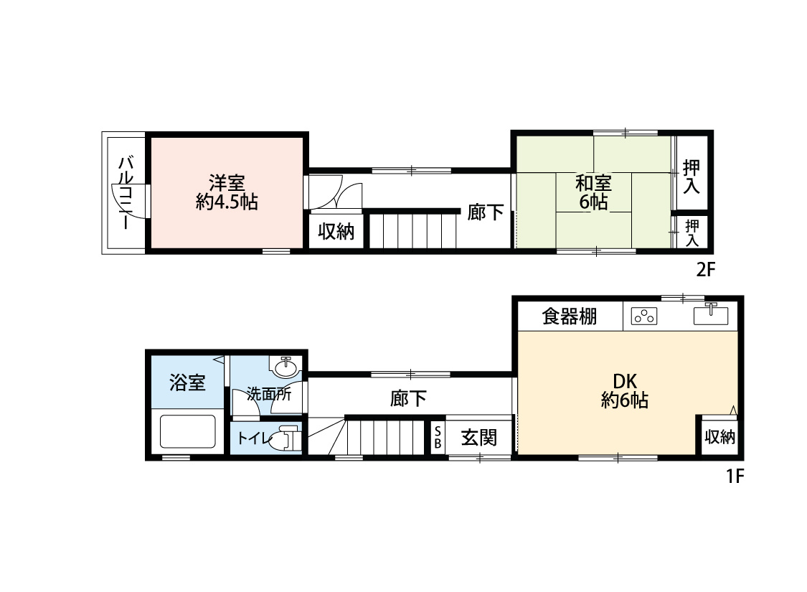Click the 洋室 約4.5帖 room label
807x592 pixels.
point(227,192)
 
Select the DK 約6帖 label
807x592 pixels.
point(624,390)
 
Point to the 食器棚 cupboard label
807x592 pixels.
point(570,316)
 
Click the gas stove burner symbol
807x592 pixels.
point(645,316)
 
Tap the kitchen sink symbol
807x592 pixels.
point(711,315)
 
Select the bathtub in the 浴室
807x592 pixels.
point(188,432)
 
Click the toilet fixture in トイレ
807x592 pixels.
point(286,438)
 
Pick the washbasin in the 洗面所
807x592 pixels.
point(286,367)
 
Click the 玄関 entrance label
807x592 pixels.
point(478,437)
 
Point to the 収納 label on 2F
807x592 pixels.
point(336,232)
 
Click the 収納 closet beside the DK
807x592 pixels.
point(719,436)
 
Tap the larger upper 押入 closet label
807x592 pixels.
point(692,177)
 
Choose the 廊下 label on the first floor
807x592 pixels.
point(408,399)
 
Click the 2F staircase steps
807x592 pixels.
point(413,231)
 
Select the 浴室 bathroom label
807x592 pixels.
point(187,382)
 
